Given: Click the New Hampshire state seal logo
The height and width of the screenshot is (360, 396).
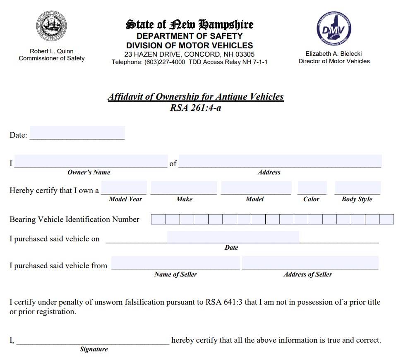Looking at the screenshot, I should (51, 27).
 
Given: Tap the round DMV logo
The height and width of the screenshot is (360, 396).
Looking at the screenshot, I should (334, 28).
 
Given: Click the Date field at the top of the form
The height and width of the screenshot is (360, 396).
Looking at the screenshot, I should (77, 133).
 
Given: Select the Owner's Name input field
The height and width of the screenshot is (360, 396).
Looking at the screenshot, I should (91, 161).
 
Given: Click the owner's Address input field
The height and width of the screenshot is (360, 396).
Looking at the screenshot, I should (280, 161).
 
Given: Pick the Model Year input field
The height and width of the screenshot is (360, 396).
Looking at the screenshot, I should (124, 188).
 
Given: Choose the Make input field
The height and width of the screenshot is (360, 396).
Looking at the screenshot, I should (184, 188).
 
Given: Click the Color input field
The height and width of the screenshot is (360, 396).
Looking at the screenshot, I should (312, 188).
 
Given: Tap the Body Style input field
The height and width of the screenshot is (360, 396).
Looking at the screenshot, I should (358, 188).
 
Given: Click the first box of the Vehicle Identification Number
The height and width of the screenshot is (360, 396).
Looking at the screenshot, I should (158, 219).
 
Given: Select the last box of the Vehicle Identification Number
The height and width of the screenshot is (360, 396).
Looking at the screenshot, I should (386, 219).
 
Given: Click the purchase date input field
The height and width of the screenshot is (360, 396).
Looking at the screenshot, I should (233, 237).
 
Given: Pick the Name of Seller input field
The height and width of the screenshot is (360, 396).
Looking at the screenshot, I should (175, 263).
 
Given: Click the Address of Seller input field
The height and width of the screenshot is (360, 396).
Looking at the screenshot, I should (310, 263).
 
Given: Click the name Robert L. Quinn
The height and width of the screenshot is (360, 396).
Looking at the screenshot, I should (52, 51).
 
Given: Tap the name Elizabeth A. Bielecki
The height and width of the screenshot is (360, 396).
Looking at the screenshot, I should (334, 54).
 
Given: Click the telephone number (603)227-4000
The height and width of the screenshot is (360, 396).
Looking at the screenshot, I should (165, 62).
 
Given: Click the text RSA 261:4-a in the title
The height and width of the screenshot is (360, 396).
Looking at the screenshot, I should (195, 108).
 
